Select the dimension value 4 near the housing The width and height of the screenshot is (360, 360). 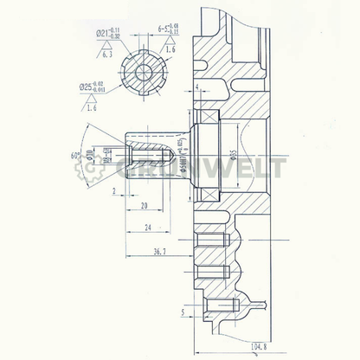coord(197,88)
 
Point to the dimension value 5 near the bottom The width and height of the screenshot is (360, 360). coord(183,312)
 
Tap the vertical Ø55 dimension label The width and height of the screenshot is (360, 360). coord(234,157)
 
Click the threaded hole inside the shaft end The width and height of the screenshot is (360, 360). coord(145,155)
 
